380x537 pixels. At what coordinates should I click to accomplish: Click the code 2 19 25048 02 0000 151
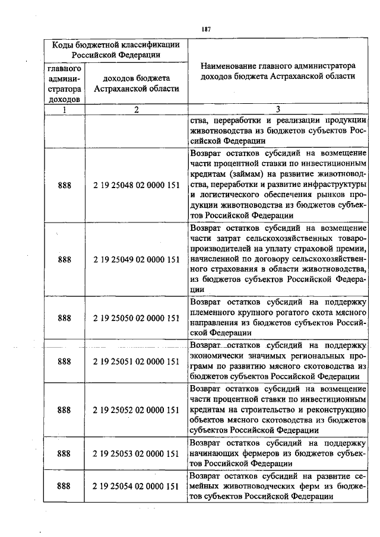pos(137,185)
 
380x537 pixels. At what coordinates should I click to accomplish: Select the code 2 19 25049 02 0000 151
pos(137,259)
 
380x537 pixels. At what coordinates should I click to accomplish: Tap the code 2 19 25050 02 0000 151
pos(137,317)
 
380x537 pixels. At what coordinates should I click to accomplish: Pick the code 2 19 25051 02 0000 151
pos(137,361)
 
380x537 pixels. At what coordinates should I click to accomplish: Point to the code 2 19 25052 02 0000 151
pos(137,409)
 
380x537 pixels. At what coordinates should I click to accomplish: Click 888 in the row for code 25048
pos(65,185)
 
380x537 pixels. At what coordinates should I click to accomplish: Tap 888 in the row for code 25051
pos(65,361)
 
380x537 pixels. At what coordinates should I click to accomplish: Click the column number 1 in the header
pos(65,109)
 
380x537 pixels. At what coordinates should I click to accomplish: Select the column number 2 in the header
pos(137,109)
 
